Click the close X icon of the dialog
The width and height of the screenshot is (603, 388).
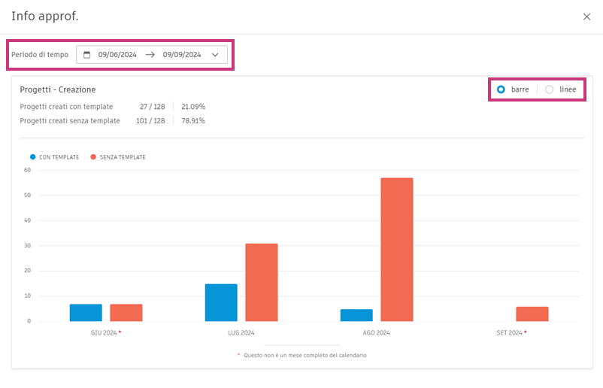pyautogui.click(x=586, y=17)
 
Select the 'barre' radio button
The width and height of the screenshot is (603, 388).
pyautogui.click(x=501, y=89)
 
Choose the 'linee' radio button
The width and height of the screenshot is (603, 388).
pyautogui.click(x=550, y=89)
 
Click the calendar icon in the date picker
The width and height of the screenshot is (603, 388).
pyautogui.click(x=86, y=55)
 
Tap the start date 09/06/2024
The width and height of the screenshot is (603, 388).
pyautogui.click(x=117, y=55)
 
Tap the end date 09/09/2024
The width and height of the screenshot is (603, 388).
pyautogui.click(x=182, y=55)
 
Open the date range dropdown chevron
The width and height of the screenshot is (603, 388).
pyautogui.click(x=215, y=55)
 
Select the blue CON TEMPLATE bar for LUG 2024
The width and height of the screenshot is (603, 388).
pyautogui.click(x=221, y=302)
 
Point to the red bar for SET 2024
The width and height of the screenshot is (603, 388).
pyautogui.click(x=532, y=314)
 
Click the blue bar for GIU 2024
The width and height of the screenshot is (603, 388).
pyautogui.click(x=86, y=312)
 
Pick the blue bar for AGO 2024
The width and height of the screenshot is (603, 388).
pyautogui.click(x=356, y=315)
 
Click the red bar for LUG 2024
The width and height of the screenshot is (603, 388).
pyautogui.click(x=262, y=282)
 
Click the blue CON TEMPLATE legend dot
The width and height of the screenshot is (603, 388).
pyautogui.click(x=33, y=157)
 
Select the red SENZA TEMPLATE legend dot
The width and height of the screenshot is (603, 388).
pyautogui.click(x=93, y=157)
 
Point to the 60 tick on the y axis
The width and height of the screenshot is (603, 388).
pyautogui.click(x=27, y=170)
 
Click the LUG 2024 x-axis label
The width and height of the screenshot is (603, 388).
pyautogui.click(x=241, y=332)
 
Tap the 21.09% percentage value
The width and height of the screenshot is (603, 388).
pyautogui.click(x=193, y=107)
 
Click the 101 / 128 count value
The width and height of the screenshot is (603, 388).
pyautogui.click(x=150, y=120)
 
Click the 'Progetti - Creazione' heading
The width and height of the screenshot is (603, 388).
pyautogui.click(x=58, y=89)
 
